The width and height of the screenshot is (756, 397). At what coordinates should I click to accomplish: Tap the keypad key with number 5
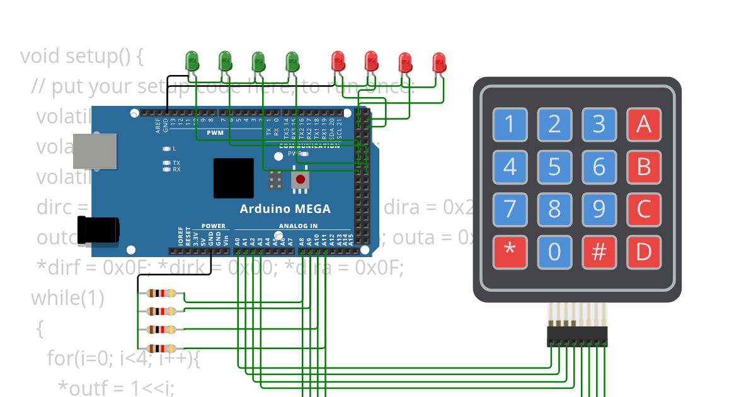click(x=554, y=168)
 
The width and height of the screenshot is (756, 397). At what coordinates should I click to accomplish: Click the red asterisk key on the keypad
click(x=510, y=252)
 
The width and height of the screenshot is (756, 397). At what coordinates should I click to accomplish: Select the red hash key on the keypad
click(x=598, y=252)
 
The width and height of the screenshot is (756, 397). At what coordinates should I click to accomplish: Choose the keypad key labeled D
click(x=643, y=252)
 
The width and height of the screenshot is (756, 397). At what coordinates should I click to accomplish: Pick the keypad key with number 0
click(x=554, y=252)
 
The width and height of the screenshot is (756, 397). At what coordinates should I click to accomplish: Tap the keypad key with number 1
click(x=510, y=124)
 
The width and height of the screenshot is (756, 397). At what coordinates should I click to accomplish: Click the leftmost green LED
click(x=192, y=61)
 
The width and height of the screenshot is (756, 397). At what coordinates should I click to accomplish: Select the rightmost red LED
click(x=439, y=62)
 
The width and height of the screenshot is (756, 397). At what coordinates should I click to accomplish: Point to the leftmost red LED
click(x=338, y=61)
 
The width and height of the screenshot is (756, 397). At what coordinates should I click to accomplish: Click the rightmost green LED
click(x=292, y=61)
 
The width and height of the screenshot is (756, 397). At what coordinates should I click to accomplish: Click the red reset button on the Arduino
click(x=301, y=180)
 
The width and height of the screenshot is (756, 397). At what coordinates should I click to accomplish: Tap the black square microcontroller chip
click(x=233, y=178)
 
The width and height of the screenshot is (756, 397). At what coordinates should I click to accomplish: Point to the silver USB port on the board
click(x=94, y=151)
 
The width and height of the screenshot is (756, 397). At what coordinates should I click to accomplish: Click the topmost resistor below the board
click(x=161, y=293)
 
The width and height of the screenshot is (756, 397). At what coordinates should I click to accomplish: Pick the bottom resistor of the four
click(x=161, y=348)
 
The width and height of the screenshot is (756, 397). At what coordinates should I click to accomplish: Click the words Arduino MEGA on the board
click(x=285, y=209)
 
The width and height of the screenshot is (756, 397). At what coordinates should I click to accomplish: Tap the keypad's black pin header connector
click(x=577, y=336)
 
